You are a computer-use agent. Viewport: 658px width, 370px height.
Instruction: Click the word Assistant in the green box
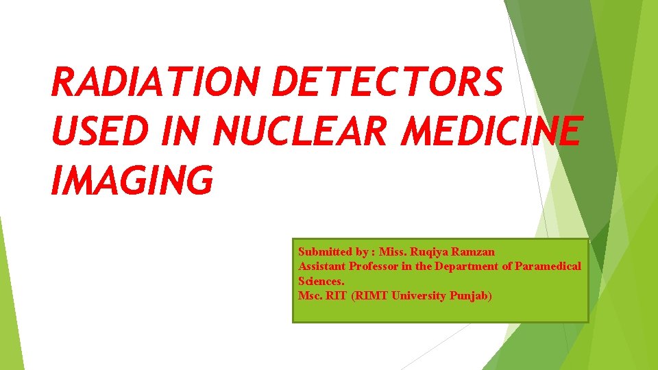click(321, 267)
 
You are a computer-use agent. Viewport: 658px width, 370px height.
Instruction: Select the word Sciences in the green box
click(321, 281)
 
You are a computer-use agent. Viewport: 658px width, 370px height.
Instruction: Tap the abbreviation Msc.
click(309, 296)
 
